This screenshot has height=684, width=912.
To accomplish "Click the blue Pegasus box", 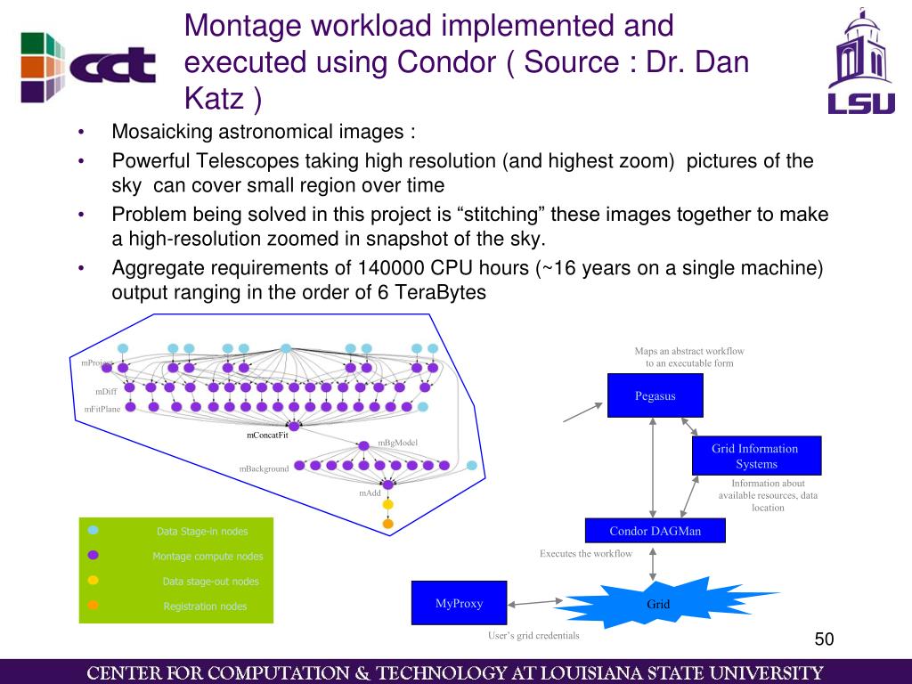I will pyautogui.click(x=655, y=395).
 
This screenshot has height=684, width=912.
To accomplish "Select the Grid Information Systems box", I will pyautogui.click(x=756, y=456).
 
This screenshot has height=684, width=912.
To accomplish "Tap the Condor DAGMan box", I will pyautogui.click(x=655, y=531).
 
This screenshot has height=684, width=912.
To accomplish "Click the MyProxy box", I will pyautogui.click(x=459, y=603).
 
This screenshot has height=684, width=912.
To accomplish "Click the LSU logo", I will pyautogui.click(x=860, y=62).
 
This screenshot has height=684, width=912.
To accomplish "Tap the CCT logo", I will pyautogui.click(x=87, y=65).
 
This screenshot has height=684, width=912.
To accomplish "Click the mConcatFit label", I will pyautogui.click(x=267, y=435).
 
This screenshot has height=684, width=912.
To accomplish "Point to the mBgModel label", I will pyautogui.click(x=397, y=443).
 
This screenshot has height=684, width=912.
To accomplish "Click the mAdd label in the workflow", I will pyautogui.click(x=370, y=493).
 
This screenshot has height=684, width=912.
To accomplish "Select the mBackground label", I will pyautogui.click(x=264, y=468).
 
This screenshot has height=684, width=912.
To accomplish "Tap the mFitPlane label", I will pyautogui.click(x=102, y=409).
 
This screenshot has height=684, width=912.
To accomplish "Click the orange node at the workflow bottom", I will pyautogui.click(x=387, y=524).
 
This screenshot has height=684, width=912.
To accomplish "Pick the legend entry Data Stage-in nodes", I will pyautogui.click(x=202, y=532).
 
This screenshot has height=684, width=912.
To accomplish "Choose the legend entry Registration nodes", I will pyautogui.click(x=205, y=607).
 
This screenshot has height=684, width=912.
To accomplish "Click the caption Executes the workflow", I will pyautogui.click(x=585, y=554).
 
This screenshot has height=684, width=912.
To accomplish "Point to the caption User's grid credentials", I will pyautogui.click(x=533, y=636).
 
